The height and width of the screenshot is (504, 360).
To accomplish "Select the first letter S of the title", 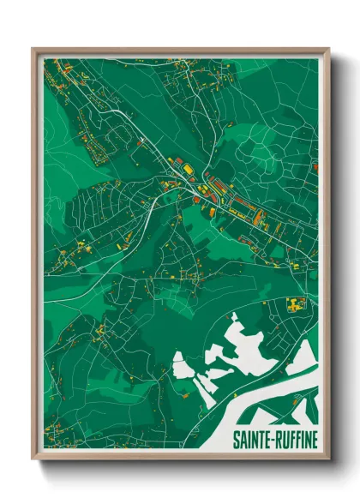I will pos(237,439).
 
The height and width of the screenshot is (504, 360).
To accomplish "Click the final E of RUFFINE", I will pos(313,439).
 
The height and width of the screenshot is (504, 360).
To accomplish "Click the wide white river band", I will pos(274,403).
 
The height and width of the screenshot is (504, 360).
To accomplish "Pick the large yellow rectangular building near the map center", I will pos(187,170).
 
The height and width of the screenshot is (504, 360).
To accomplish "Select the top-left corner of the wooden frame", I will pos(33,50).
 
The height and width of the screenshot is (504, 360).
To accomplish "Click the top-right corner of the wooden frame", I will pos(327,50).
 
